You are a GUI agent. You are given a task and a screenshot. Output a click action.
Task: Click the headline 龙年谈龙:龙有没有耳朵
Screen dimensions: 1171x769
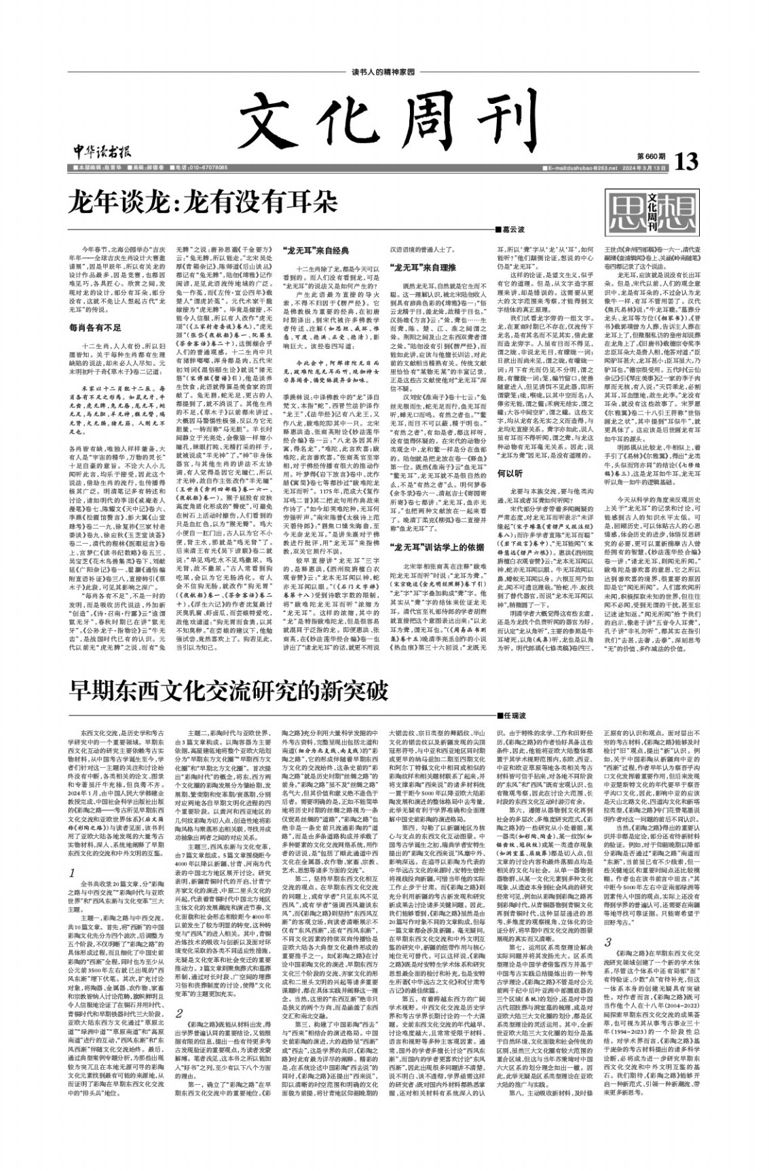tap(202, 202)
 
